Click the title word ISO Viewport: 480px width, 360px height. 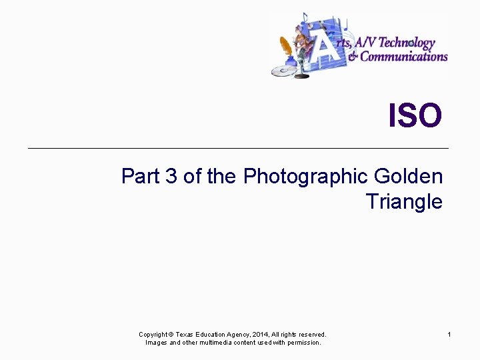point(415,115)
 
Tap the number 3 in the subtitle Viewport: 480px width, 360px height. point(171,177)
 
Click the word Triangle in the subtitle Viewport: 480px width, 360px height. point(403,201)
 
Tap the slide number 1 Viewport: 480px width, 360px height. point(449,334)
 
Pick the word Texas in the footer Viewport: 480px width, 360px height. point(184,334)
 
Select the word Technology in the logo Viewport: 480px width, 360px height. point(408,43)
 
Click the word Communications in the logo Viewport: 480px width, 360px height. point(404,57)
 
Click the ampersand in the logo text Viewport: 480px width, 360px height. point(353,57)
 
